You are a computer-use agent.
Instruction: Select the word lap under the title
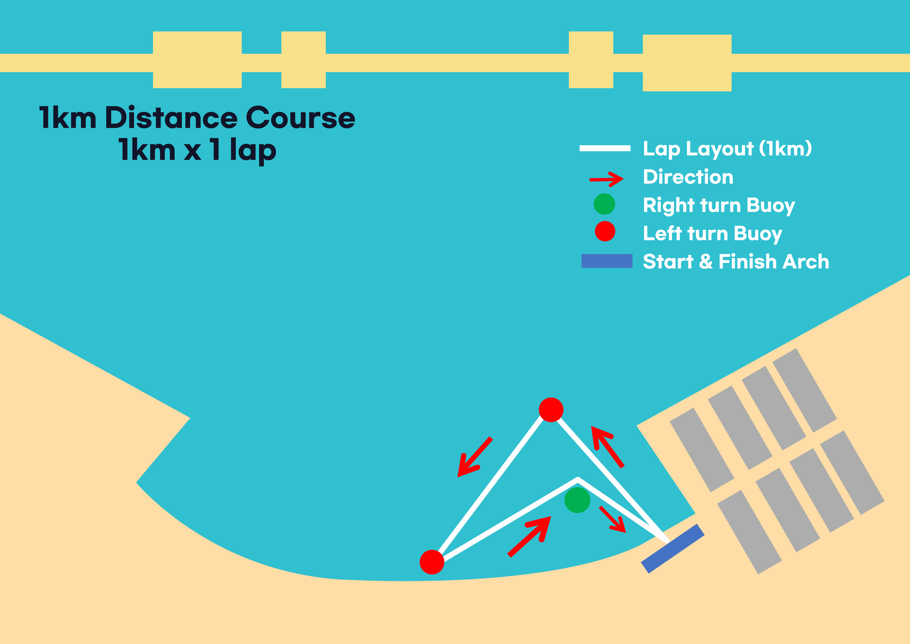pos(253,151)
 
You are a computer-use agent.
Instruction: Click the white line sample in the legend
pos(605,148)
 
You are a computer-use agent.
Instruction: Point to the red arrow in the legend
pos(606,179)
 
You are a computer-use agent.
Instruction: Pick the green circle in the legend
pos(604,204)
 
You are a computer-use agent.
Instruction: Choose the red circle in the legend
pos(605,231)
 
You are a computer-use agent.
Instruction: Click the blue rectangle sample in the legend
pos(607,261)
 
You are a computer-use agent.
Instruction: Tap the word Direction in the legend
pos(688,177)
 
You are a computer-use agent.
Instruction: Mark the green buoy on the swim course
pos(577,500)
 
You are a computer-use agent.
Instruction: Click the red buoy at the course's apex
pos(551,410)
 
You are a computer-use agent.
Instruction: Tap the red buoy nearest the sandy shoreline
pos(432,562)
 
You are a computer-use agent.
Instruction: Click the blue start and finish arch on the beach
pos(673,549)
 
